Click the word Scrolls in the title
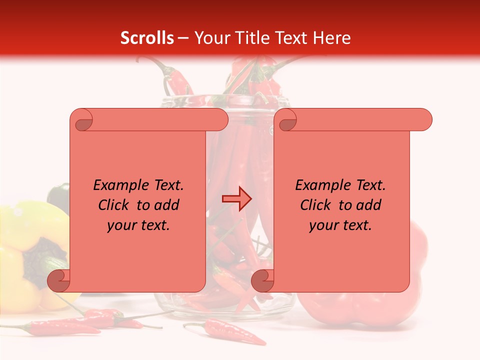pyautogui.click(x=147, y=38)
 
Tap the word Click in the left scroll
pyautogui.click(x=115, y=205)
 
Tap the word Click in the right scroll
pyautogui.click(x=317, y=205)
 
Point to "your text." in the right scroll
pyautogui.click(x=340, y=225)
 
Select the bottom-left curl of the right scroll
pyautogui.click(x=262, y=280)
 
